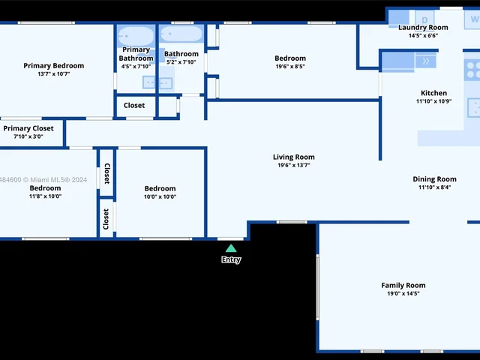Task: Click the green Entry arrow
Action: (x=231, y=248)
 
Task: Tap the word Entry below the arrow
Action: (x=231, y=259)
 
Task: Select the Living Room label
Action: (x=293, y=157)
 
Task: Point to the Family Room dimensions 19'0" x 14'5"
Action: (x=403, y=293)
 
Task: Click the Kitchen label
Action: (x=433, y=93)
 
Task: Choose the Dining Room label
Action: (x=434, y=179)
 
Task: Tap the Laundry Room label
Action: (x=423, y=28)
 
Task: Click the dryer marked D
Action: (x=424, y=19)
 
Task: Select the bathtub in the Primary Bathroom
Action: (x=136, y=37)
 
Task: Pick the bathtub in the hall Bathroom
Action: (x=181, y=34)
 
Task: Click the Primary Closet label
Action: (x=28, y=128)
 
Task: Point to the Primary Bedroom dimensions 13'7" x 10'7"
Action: (x=53, y=73)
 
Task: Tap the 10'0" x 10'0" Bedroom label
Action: (x=160, y=188)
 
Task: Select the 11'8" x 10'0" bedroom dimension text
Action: (x=45, y=196)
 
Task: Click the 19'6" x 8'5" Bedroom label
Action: (x=290, y=58)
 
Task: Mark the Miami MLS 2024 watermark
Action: (x=43, y=180)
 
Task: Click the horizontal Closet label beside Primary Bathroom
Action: (x=134, y=105)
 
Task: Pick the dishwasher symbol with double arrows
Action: (x=425, y=61)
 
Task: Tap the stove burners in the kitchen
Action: (x=472, y=70)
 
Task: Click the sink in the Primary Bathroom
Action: (x=149, y=82)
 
